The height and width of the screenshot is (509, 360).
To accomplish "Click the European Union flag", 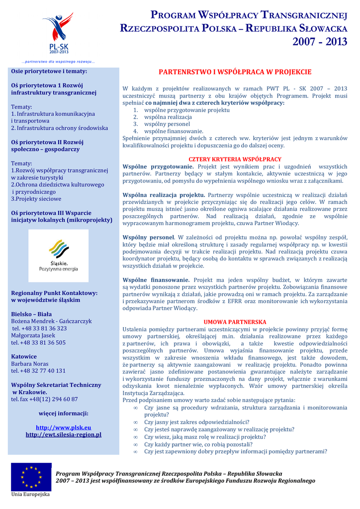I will [x=31, y=477].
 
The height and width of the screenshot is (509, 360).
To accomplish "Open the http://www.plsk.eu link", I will [x=63, y=427].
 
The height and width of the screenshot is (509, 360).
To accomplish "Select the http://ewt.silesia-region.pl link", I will [x=63, y=434].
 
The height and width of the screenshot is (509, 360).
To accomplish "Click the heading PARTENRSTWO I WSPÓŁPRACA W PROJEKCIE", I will [x=235, y=72].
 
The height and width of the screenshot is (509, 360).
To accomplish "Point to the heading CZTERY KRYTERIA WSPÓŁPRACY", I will [x=235, y=159].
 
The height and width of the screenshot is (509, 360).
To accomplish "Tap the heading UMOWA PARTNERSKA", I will [x=235, y=322].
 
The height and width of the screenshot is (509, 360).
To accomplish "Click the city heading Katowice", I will [x=24, y=356].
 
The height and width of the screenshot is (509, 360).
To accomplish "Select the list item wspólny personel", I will [x=167, y=124].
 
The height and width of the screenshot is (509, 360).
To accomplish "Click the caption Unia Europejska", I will [x=30, y=495].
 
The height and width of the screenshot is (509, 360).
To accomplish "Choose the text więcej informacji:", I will [x=63, y=413].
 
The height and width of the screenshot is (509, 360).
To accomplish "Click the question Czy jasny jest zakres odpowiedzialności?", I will [x=196, y=422].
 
